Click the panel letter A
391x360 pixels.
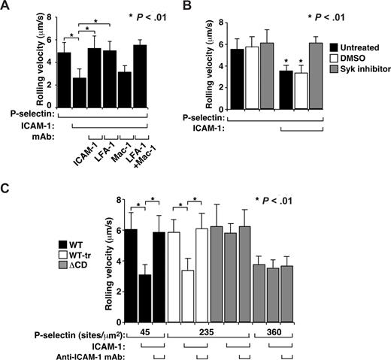click(x=7, y=7)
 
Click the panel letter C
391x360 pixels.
click(x=7, y=189)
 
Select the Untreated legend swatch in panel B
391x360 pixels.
click(x=321, y=47)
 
